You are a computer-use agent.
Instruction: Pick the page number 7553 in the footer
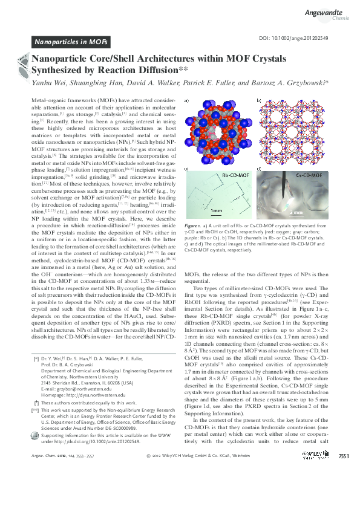click(344, 489)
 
